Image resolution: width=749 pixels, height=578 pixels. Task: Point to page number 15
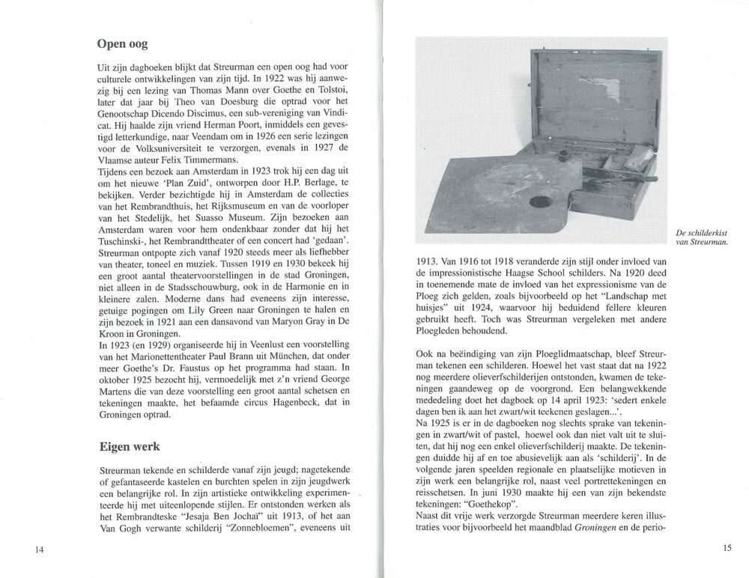pyautogui.click(x=727, y=548)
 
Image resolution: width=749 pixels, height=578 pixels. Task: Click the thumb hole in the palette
pyautogui.click(x=542, y=201)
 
